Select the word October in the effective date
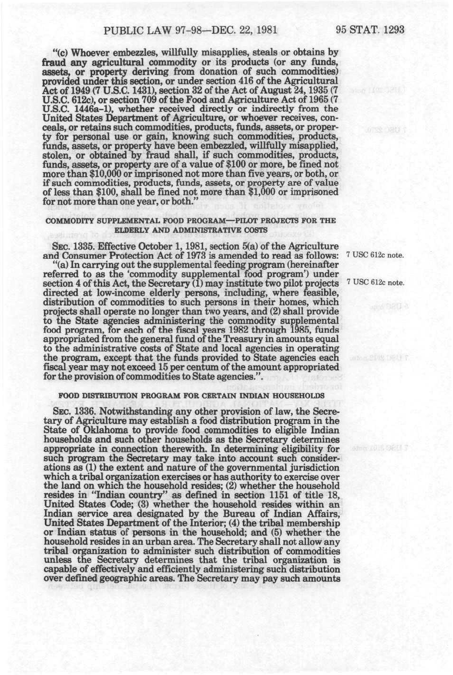147,246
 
